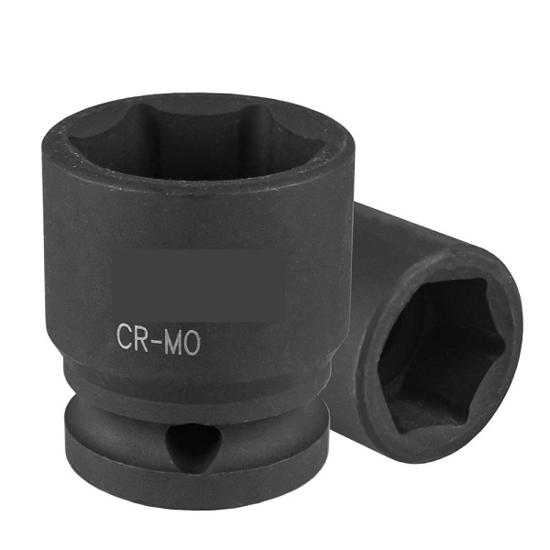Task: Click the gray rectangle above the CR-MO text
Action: (199, 285)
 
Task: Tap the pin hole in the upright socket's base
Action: (192, 444)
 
